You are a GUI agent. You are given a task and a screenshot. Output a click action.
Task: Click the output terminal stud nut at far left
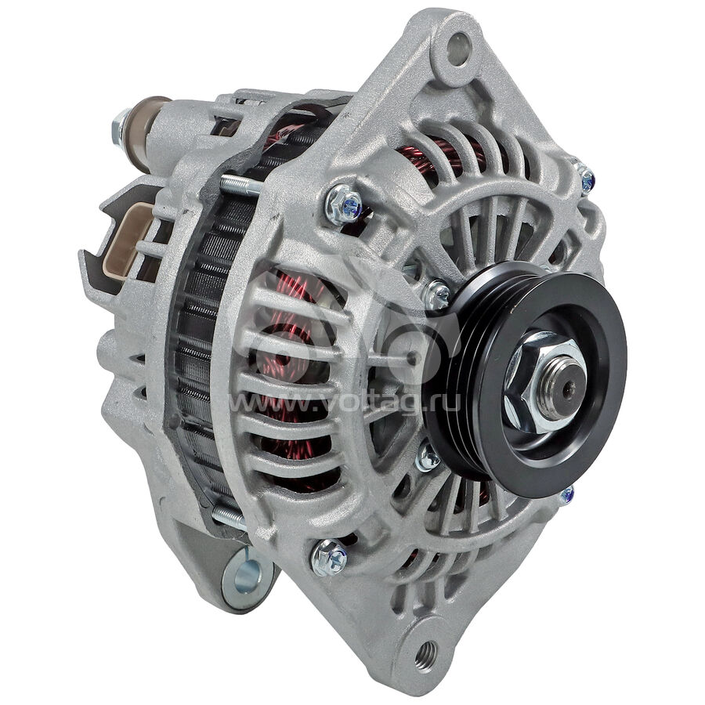[x=121, y=128]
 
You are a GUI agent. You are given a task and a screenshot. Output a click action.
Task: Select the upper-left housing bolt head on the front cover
[x=344, y=205]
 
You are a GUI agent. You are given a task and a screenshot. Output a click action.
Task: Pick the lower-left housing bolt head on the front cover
[x=329, y=558]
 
